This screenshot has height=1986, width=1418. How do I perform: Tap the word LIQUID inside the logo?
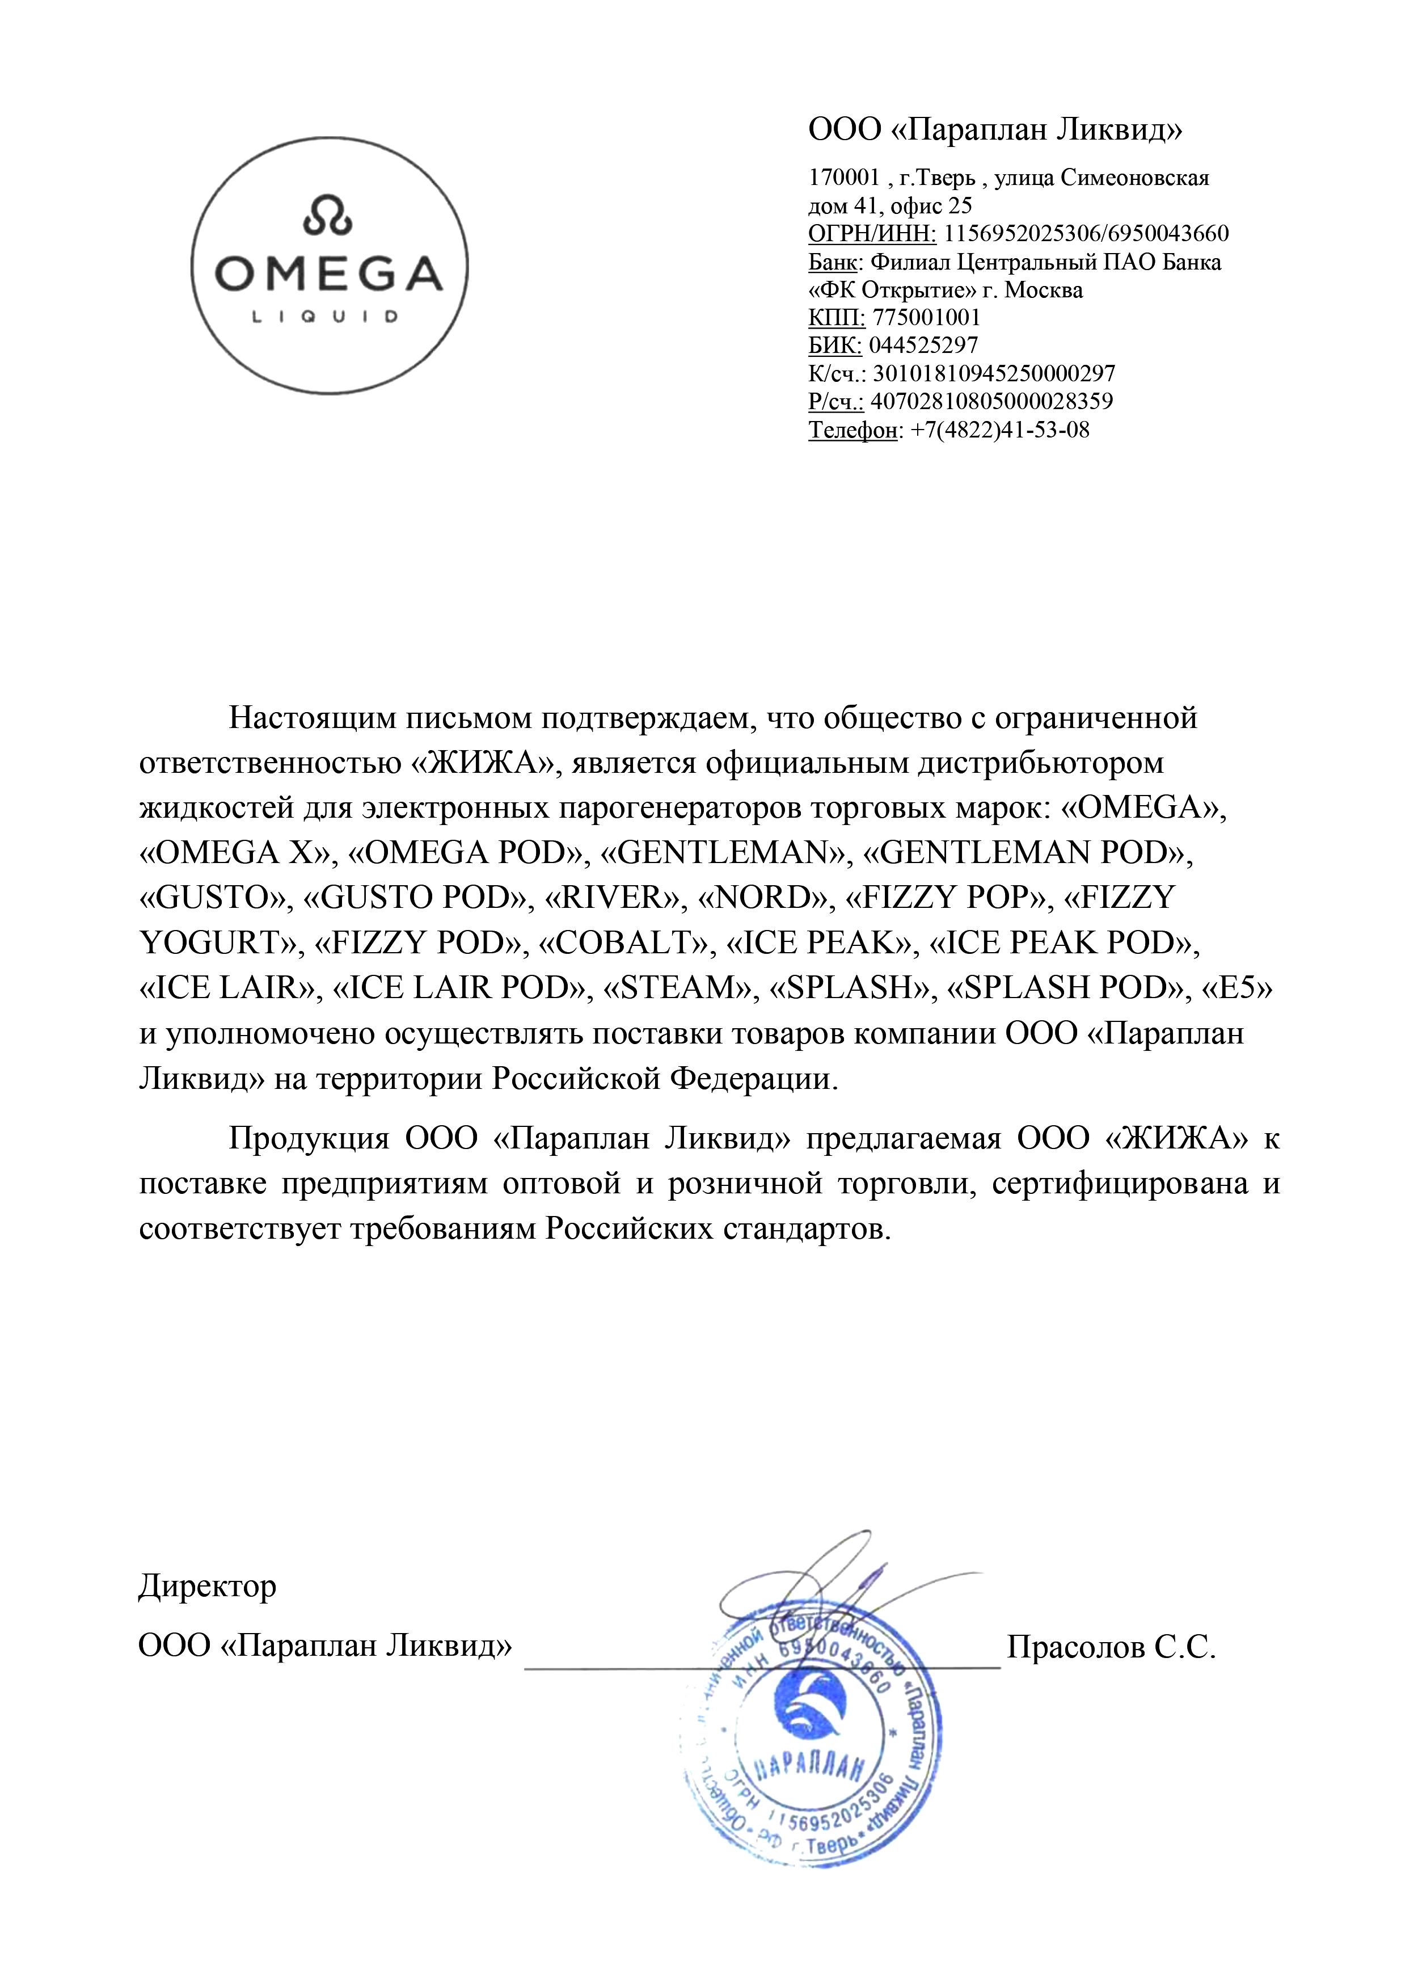click(x=325, y=317)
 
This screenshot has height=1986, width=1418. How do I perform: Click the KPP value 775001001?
click(x=926, y=317)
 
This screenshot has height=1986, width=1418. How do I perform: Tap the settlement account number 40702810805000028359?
click(x=992, y=402)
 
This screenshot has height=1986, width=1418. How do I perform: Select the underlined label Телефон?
click(x=852, y=430)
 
